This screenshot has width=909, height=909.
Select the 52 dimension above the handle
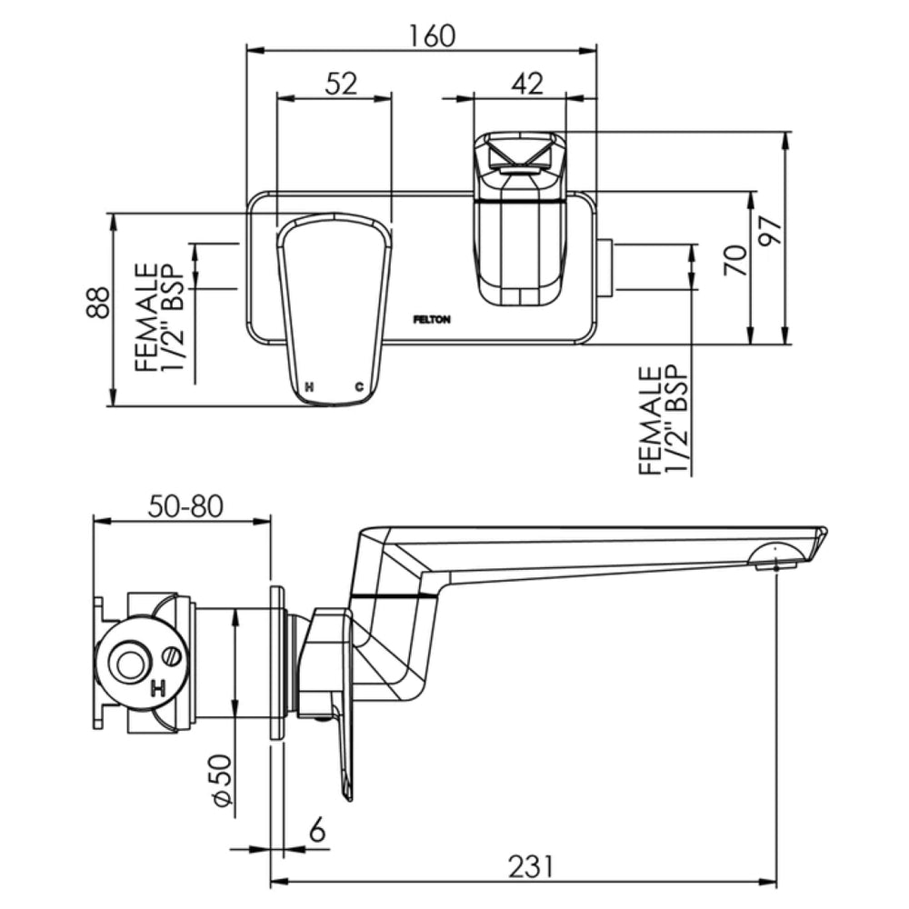[x=341, y=84]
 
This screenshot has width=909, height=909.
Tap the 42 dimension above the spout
[x=527, y=84]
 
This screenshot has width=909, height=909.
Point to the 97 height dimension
[x=772, y=231]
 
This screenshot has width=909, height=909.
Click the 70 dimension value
[x=736, y=260]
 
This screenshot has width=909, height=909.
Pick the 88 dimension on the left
[x=98, y=302]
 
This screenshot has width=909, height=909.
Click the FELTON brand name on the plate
[x=431, y=319]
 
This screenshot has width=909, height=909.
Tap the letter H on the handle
[x=310, y=386]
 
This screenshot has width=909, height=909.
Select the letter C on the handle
[x=359, y=386]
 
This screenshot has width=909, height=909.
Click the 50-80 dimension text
[x=185, y=506]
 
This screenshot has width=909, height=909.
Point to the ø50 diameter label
[x=223, y=780]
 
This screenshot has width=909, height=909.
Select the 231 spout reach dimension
[x=531, y=867]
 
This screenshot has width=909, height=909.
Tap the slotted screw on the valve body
[x=172, y=657]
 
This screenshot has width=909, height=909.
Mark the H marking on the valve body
[x=157, y=689]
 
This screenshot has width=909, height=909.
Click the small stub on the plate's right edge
[x=605, y=268]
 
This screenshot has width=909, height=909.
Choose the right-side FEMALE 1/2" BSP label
[x=664, y=420]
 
